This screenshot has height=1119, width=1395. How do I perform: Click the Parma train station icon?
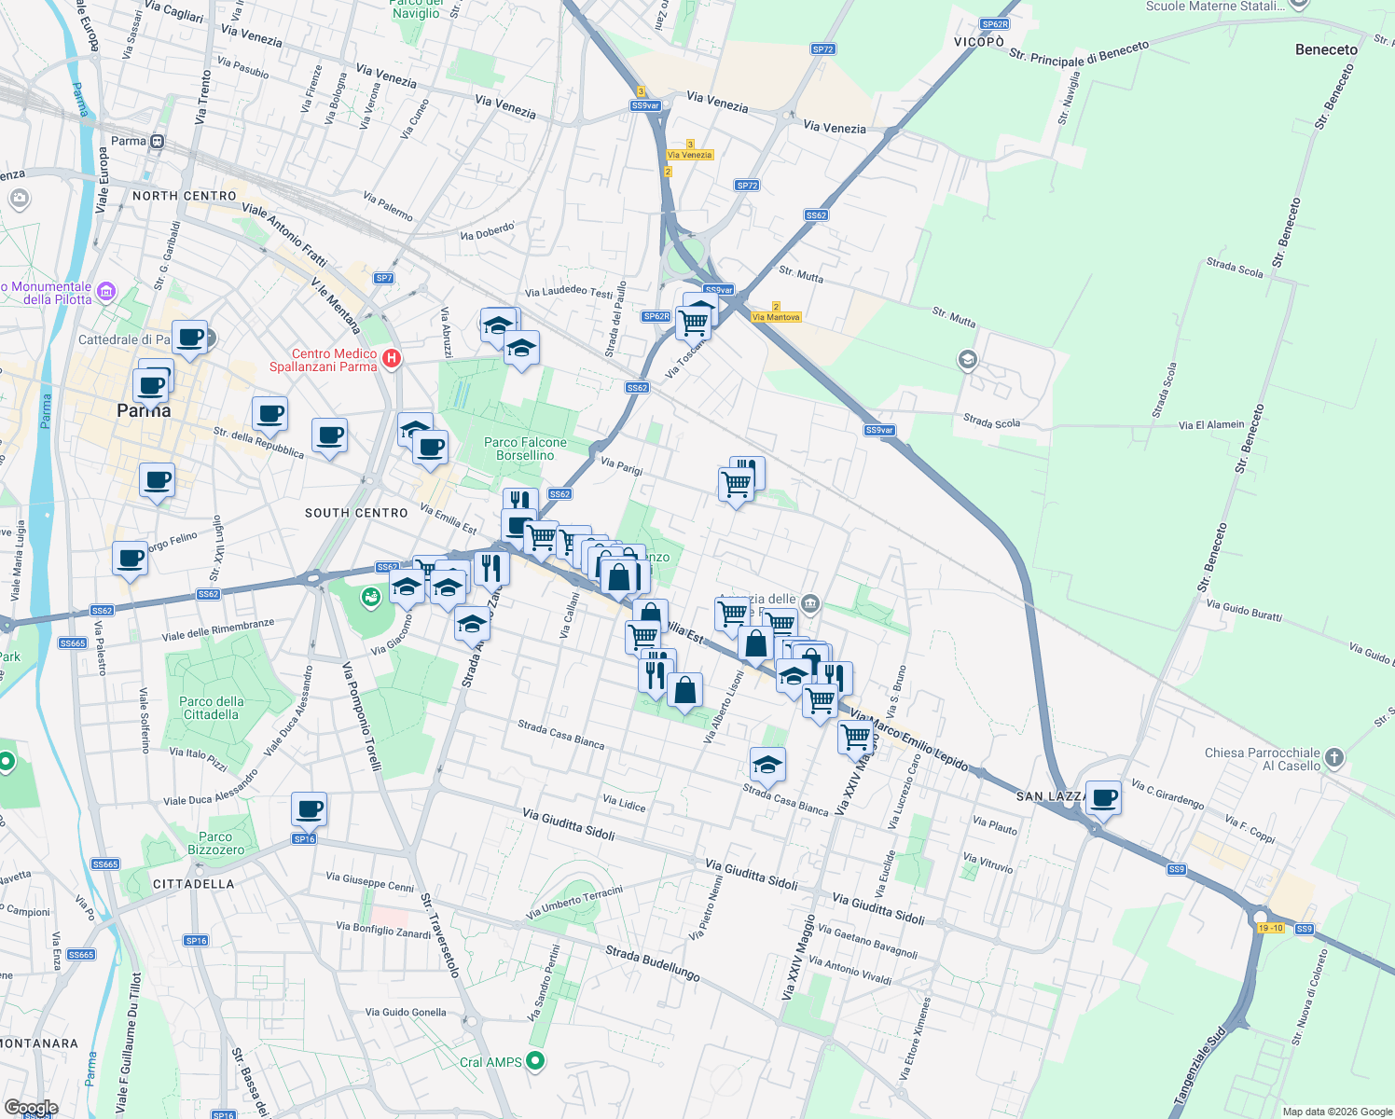coord(157,142)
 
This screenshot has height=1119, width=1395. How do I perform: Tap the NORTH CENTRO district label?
coord(185,196)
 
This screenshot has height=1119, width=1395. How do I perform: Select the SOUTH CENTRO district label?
coord(356,513)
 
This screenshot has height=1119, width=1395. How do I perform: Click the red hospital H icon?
coord(392,358)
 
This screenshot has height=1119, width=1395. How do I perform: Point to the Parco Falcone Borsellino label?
coord(525,449)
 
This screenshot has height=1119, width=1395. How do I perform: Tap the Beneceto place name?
coord(1326,49)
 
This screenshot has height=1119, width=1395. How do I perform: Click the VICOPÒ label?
coord(979,42)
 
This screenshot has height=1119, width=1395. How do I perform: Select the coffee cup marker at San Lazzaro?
coord(1103,798)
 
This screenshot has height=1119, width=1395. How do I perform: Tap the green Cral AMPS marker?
coord(535,1060)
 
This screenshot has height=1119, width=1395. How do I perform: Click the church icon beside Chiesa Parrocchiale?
coord(1334,757)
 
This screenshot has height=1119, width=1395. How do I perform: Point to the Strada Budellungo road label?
coord(653,963)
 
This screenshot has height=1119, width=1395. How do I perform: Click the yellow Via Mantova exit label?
coord(776,317)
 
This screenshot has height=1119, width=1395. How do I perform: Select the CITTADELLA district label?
coord(194,884)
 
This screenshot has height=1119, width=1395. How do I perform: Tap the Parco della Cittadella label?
coord(212,709)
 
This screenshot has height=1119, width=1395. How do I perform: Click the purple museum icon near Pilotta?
coord(106,292)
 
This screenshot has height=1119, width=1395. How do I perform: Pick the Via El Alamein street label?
coord(1211,425)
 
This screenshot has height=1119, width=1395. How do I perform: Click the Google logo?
coord(32,1108)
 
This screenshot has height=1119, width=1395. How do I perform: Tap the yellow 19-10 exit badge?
coord(1270,928)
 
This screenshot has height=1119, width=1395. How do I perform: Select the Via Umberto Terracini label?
coord(574,902)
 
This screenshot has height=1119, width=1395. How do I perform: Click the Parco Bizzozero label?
coord(215,844)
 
